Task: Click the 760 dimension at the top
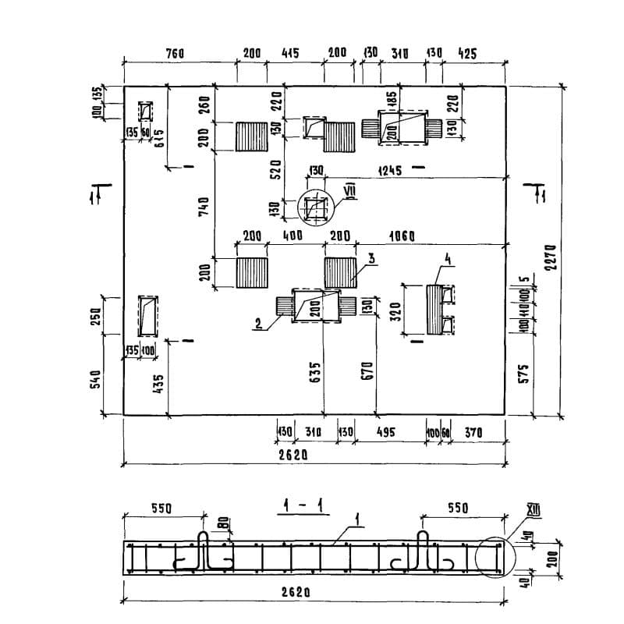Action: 175,54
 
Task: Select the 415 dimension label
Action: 289,54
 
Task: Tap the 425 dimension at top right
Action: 467,54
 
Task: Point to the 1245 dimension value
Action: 389,170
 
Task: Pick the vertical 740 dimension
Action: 205,206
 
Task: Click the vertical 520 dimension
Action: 275,172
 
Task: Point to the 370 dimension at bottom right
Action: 473,431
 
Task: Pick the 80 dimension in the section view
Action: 224,524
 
